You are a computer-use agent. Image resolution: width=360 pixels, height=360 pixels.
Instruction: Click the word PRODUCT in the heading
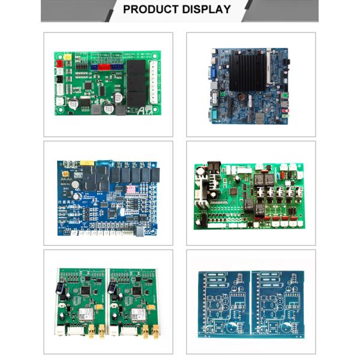149,10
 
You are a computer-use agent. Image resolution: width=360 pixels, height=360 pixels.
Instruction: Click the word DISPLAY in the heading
203,10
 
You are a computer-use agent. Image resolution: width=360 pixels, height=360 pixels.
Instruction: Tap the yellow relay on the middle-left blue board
88,163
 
